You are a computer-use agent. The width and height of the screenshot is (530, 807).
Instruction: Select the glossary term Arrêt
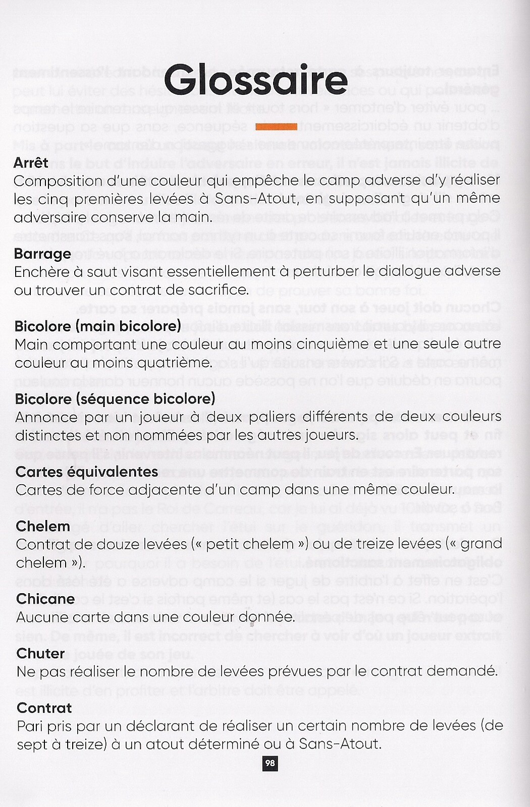click(x=31, y=162)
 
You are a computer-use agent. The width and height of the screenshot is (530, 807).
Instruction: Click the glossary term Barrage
click(x=42, y=253)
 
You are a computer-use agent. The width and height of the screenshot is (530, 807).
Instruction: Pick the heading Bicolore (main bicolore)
click(x=97, y=326)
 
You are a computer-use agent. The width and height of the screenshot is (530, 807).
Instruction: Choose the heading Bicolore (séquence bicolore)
click(x=115, y=398)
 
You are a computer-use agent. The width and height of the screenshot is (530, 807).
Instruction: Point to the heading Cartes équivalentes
click(x=87, y=471)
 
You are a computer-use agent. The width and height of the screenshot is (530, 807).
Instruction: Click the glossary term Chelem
click(x=43, y=526)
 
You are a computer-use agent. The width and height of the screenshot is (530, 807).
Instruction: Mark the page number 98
click(x=270, y=763)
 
